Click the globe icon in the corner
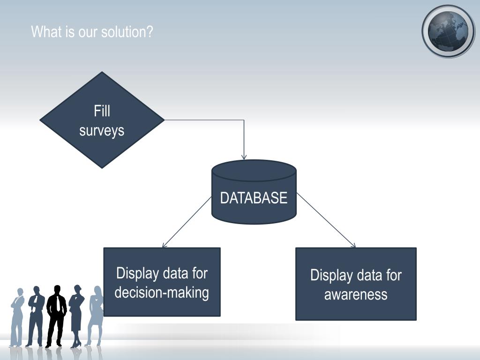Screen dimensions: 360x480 pyautogui.click(x=448, y=31)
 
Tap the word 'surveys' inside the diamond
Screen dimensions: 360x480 pyautogui.click(x=102, y=130)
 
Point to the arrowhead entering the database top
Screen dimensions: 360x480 pyautogui.click(x=244, y=157)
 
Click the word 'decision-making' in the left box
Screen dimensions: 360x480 pyautogui.click(x=162, y=292)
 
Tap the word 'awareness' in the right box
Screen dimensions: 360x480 pyautogui.click(x=356, y=295)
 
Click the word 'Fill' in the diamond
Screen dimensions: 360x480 pyautogui.click(x=102, y=111)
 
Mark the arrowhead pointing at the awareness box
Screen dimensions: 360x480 pyautogui.click(x=353, y=246)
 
